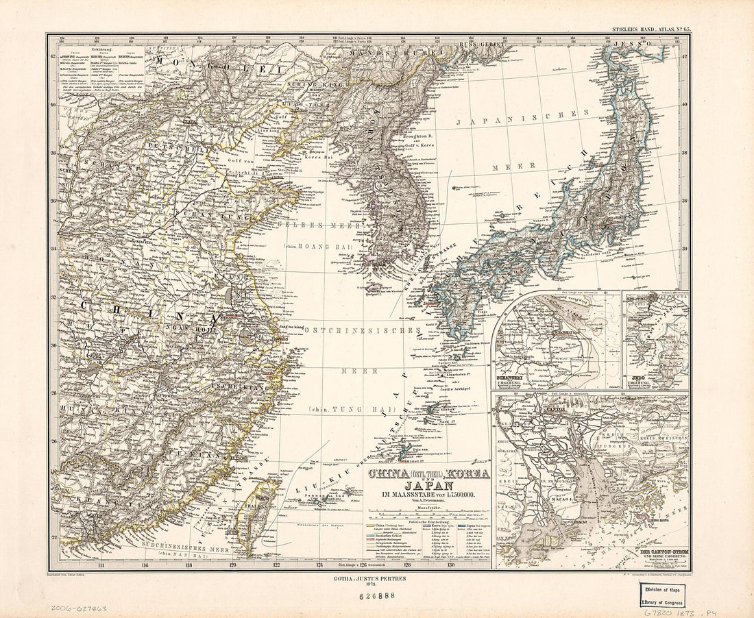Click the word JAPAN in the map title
(x=428, y=485)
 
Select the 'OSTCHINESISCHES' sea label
(x=362, y=330)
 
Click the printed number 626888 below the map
(x=376, y=596)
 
